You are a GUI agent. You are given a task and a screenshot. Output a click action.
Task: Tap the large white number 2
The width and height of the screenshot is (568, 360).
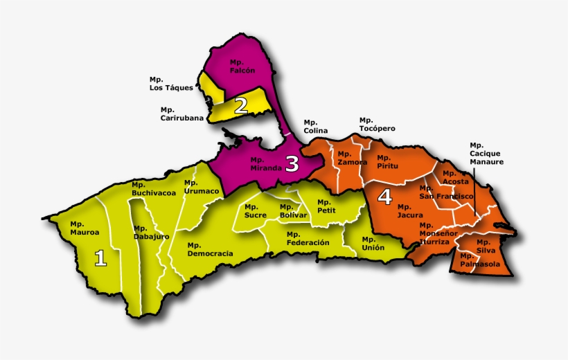pyautogui.click(x=241, y=106)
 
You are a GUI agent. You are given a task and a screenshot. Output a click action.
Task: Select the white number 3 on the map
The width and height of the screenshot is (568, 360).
pyautogui.click(x=292, y=164)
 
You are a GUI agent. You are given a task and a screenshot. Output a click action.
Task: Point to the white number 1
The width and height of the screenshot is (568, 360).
pyautogui.click(x=100, y=258)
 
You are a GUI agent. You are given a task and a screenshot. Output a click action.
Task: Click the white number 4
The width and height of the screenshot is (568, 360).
pyautogui.click(x=384, y=197)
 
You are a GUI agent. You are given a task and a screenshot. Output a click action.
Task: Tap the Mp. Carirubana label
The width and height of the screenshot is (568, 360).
pyautogui.click(x=182, y=114)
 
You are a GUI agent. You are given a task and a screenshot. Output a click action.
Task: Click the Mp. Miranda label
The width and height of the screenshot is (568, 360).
pyautogui.click(x=265, y=163)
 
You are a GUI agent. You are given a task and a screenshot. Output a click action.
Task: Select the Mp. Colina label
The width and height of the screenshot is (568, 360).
pyautogui.click(x=315, y=127)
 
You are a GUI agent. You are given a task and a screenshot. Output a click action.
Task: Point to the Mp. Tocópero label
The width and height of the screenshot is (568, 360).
pyautogui.click(x=377, y=124)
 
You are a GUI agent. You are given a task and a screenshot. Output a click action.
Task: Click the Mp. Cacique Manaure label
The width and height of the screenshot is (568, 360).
pyautogui.click(x=486, y=153)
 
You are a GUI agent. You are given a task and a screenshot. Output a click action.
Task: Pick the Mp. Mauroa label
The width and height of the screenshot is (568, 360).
pyautogui.click(x=85, y=228)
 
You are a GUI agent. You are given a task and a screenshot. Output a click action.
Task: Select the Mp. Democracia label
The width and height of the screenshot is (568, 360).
pyautogui.click(x=210, y=249)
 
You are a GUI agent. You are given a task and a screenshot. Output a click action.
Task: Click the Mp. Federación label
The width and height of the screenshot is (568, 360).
pyautogui.click(x=308, y=238)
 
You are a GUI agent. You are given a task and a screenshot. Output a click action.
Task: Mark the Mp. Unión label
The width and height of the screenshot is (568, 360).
pyautogui.click(x=373, y=243)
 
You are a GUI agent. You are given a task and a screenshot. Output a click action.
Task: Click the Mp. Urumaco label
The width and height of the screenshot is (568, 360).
pyautogui.click(x=202, y=187)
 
